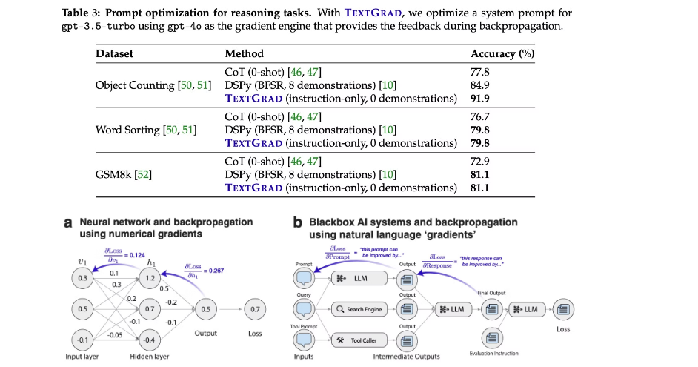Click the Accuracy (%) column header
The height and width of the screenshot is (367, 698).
coord(502,53)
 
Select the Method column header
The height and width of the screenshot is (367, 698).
coord(244,53)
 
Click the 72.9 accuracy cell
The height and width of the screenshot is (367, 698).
coord(480,161)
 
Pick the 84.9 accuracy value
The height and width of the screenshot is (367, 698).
coord(480,85)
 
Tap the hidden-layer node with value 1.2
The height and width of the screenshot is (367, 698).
coord(150,277)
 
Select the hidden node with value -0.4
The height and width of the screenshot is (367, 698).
coord(150,340)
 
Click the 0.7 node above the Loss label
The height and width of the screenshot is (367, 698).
coord(255,308)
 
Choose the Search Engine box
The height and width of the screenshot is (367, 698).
coord(359,309)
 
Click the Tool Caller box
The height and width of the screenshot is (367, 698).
coord(359,340)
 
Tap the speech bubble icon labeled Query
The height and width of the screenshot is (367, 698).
coord(305,309)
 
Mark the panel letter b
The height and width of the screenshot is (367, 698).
coord(297,222)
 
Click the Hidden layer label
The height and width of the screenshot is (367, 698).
coord(149,357)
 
